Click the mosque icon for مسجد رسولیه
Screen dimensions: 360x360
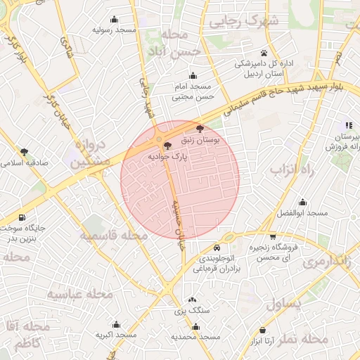click(114, 20)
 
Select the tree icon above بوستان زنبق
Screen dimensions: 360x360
click(200, 129)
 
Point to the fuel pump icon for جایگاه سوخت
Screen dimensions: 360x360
click(23, 218)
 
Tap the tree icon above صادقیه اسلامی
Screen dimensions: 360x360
click(24, 151)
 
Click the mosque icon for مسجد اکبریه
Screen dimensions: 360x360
click(115, 325)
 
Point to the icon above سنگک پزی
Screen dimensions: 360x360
click(192, 300)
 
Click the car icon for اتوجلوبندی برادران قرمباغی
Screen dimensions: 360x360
click(217, 248)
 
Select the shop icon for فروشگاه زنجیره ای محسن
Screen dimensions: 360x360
click(273, 237)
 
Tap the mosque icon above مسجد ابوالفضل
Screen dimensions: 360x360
click(302, 202)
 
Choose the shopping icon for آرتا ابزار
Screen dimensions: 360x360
click(262, 330)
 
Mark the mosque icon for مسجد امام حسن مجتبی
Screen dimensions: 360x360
click(193, 76)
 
